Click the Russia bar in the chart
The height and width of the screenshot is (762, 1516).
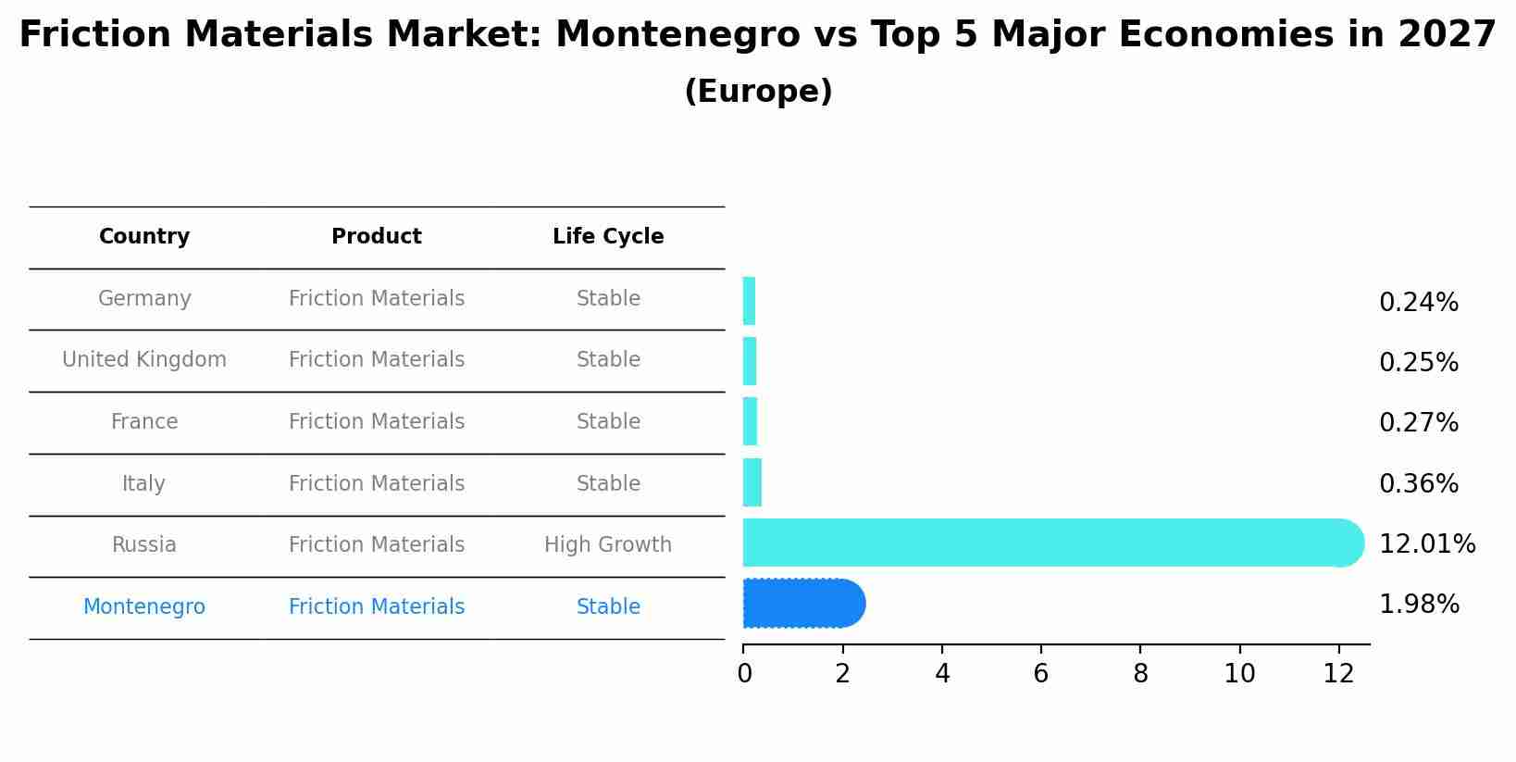[1051, 543]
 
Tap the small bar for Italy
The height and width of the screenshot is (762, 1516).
[752, 483]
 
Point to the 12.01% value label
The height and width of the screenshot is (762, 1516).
[1426, 544]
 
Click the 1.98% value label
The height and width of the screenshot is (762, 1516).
[1419, 605]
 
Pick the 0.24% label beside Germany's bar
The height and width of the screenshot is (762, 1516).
[1419, 303]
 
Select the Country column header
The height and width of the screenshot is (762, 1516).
[144, 237]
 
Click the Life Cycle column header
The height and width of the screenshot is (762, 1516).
[608, 237]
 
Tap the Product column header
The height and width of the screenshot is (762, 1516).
[377, 237]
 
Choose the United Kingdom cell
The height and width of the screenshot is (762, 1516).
[144, 360]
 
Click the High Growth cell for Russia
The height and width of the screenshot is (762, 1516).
[608, 545]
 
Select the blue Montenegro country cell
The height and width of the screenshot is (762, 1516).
[144, 607]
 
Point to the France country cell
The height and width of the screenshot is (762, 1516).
[144, 422]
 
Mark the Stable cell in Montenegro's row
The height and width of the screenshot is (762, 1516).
[608, 607]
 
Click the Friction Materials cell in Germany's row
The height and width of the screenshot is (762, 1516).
[377, 299]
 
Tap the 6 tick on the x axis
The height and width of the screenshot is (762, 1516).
[1041, 674]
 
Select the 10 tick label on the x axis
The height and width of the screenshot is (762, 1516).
[1239, 674]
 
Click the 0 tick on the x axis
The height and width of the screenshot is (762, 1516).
[744, 674]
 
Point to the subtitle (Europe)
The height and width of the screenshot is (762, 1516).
[758, 92]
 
